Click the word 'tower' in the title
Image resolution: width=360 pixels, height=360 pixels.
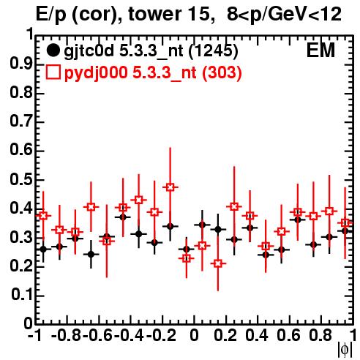point(155,14)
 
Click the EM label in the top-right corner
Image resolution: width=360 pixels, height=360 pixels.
point(320,50)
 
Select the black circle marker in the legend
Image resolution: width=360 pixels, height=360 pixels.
point(53,50)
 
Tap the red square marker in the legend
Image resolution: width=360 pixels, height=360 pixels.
point(53,72)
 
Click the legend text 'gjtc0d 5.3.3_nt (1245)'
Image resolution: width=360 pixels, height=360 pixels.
point(151,51)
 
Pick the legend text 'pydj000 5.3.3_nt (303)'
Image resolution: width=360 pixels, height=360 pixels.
point(153,73)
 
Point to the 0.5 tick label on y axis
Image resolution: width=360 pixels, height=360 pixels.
point(21,179)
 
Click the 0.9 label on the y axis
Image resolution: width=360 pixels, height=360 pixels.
point(21,64)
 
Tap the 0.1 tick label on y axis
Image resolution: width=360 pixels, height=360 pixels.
point(22,295)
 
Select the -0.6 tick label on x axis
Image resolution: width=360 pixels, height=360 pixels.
point(97,335)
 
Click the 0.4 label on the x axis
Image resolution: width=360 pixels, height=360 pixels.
point(257,335)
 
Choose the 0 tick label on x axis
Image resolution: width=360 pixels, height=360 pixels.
point(194,335)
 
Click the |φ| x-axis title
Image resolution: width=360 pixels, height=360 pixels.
point(345,350)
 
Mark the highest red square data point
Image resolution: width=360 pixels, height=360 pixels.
point(170,187)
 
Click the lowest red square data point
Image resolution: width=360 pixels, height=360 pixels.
point(218,263)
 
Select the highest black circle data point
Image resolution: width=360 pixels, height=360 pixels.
point(123,217)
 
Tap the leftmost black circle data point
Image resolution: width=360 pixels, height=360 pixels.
point(43,250)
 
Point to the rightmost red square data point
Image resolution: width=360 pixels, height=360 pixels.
point(345,222)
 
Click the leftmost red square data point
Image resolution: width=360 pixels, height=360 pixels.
point(43,216)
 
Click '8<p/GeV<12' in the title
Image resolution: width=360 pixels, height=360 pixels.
point(284,14)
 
